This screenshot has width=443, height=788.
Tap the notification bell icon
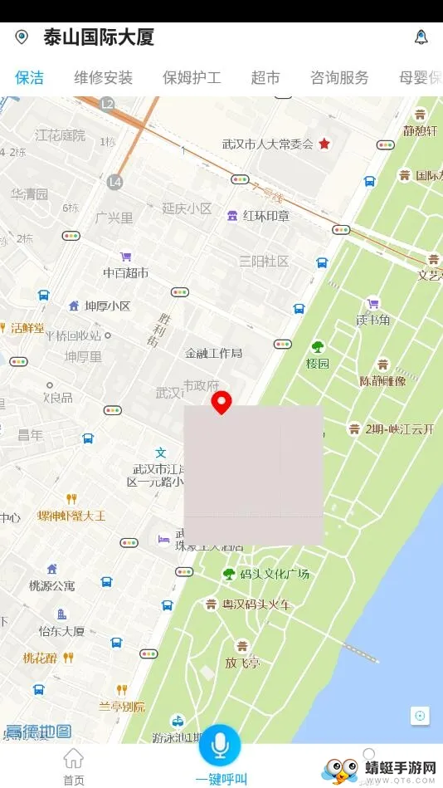click(x=421, y=37)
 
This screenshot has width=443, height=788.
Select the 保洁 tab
click(x=29, y=78)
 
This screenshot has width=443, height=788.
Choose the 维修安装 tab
click(x=103, y=78)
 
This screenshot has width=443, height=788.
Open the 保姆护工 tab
click(x=192, y=78)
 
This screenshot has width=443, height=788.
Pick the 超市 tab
click(x=265, y=78)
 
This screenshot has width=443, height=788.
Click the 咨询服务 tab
click(x=339, y=78)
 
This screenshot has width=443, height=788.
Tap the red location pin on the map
click(x=221, y=403)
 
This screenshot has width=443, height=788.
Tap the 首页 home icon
click(x=74, y=766)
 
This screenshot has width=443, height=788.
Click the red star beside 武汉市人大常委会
click(x=324, y=144)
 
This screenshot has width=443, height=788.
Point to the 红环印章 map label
click(x=265, y=216)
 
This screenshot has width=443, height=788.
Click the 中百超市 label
click(x=125, y=272)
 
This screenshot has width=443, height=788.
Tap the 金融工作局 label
click(x=213, y=353)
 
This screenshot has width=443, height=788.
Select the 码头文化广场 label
click(x=274, y=574)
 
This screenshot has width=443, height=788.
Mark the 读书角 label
click(x=372, y=320)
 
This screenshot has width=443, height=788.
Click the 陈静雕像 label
click(x=382, y=381)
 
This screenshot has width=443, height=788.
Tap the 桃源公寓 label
click(x=51, y=585)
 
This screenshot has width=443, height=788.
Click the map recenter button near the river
click(x=420, y=716)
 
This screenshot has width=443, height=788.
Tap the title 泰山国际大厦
click(x=99, y=37)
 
